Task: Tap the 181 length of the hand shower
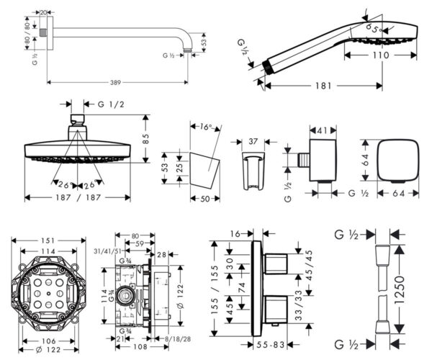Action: point(324,86)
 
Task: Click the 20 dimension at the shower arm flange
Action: point(43,12)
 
